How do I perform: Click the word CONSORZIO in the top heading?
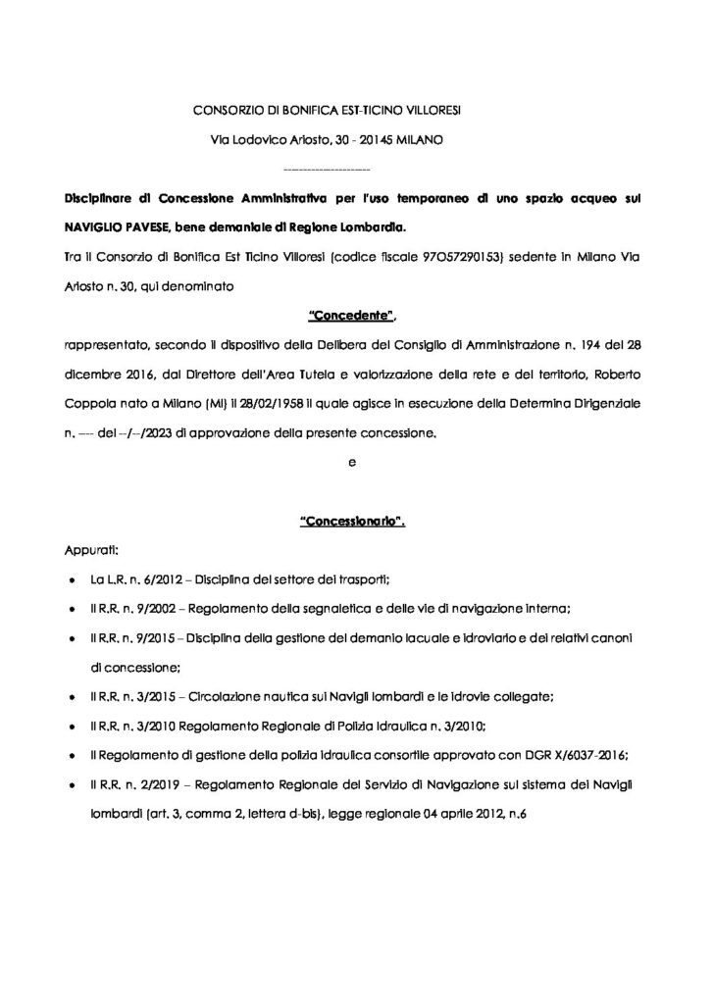tap(223, 111)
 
